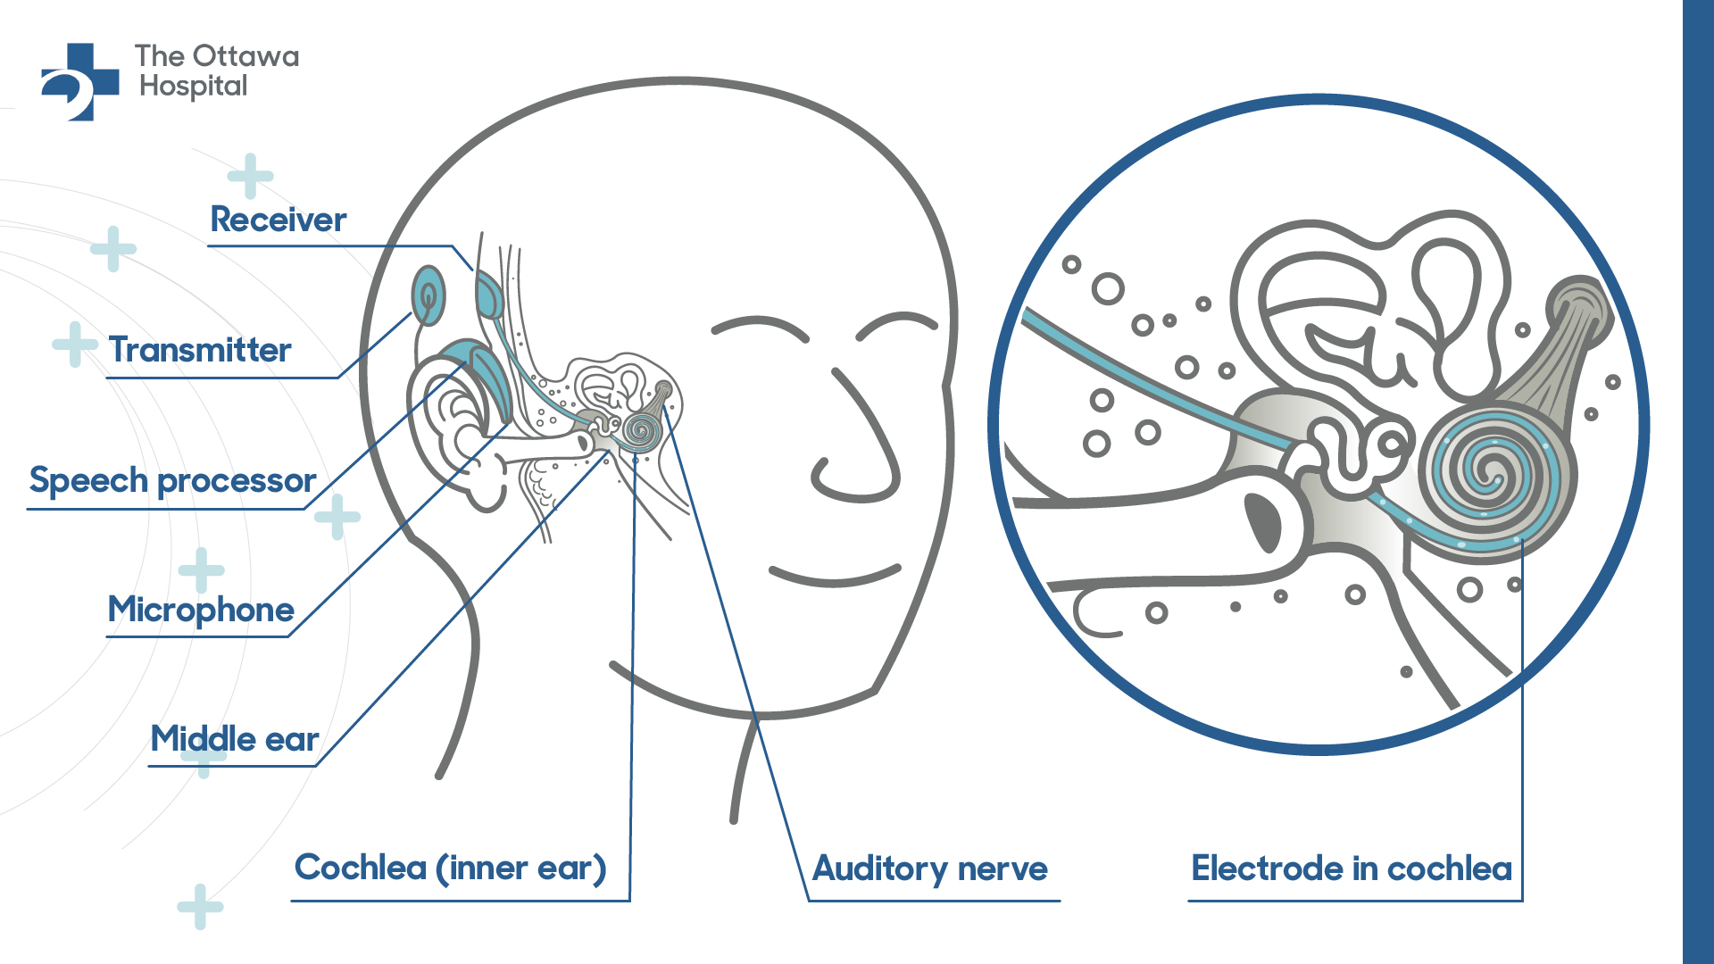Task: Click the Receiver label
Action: [x=278, y=220]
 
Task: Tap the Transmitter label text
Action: [x=200, y=350]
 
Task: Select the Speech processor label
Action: [x=172, y=481]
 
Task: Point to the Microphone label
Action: [x=201, y=611]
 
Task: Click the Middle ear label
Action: [x=235, y=739]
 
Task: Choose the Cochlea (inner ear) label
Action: [x=451, y=868]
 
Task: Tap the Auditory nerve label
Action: [x=930, y=869]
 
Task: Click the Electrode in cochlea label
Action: [x=1352, y=868]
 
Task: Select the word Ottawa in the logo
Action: [x=246, y=56]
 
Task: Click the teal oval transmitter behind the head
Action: [x=428, y=295]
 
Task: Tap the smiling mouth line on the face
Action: [x=835, y=577]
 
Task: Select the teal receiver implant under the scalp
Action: [x=489, y=295]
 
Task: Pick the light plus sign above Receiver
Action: [x=250, y=176]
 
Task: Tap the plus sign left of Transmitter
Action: [x=75, y=345]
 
